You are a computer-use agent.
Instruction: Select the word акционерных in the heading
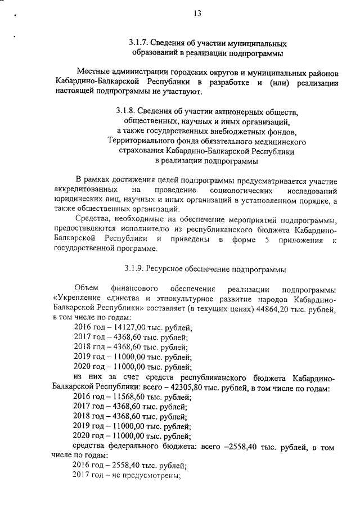248,111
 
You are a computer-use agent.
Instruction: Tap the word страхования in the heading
141,151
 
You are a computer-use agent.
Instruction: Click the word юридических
79,200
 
